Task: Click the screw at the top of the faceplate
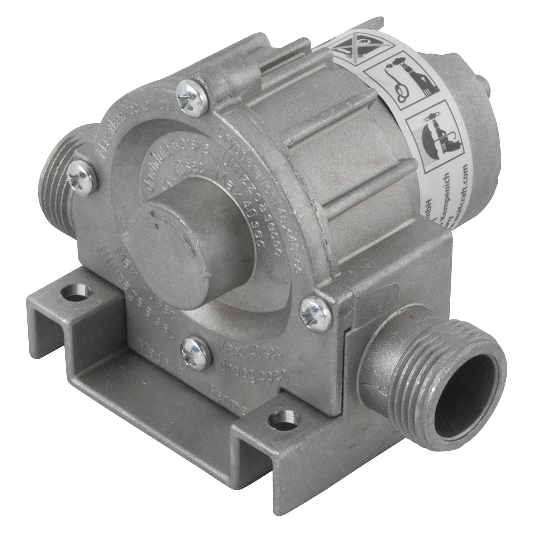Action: pos(192,98)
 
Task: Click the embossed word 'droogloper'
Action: pos(254,370)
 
